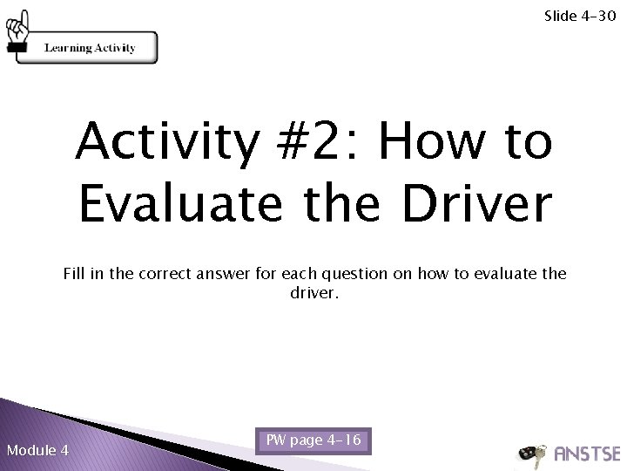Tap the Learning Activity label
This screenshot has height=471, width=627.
[x=90, y=48]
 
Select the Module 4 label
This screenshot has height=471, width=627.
[x=37, y=450]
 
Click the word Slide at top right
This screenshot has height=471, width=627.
[x=559, y=16]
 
